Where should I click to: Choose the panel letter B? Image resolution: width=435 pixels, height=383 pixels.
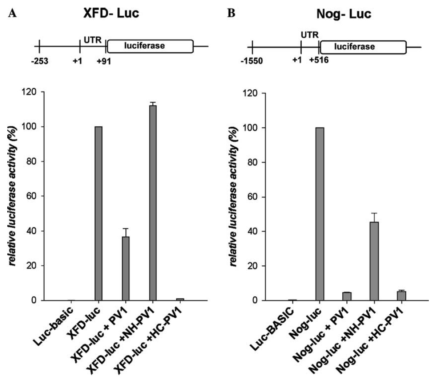click(x=231, y=14)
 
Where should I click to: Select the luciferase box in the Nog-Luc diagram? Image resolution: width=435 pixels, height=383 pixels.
click(x=363, y=47)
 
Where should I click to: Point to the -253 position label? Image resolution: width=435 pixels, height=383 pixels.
click(x=39, y=61)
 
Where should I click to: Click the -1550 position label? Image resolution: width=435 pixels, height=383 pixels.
click(x=251, y=61)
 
